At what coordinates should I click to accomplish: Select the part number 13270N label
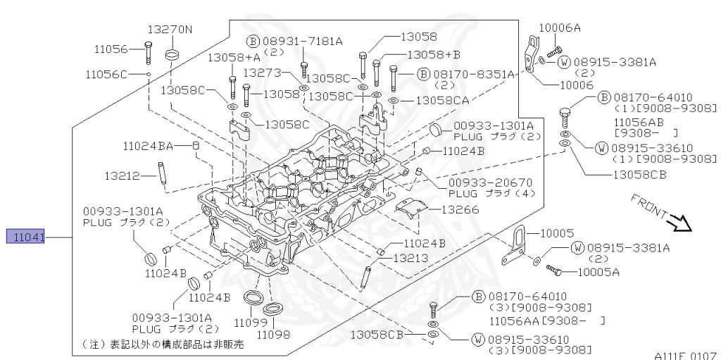(x=169, y=30)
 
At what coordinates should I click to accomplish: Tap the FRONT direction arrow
(x=680, y=223)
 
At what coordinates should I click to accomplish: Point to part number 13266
(x=460, y=209)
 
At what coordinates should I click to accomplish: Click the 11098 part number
(x=273, y=334)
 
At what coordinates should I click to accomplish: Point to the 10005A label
(x=598, y=271)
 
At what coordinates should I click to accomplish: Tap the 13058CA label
(x=442, y=101)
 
